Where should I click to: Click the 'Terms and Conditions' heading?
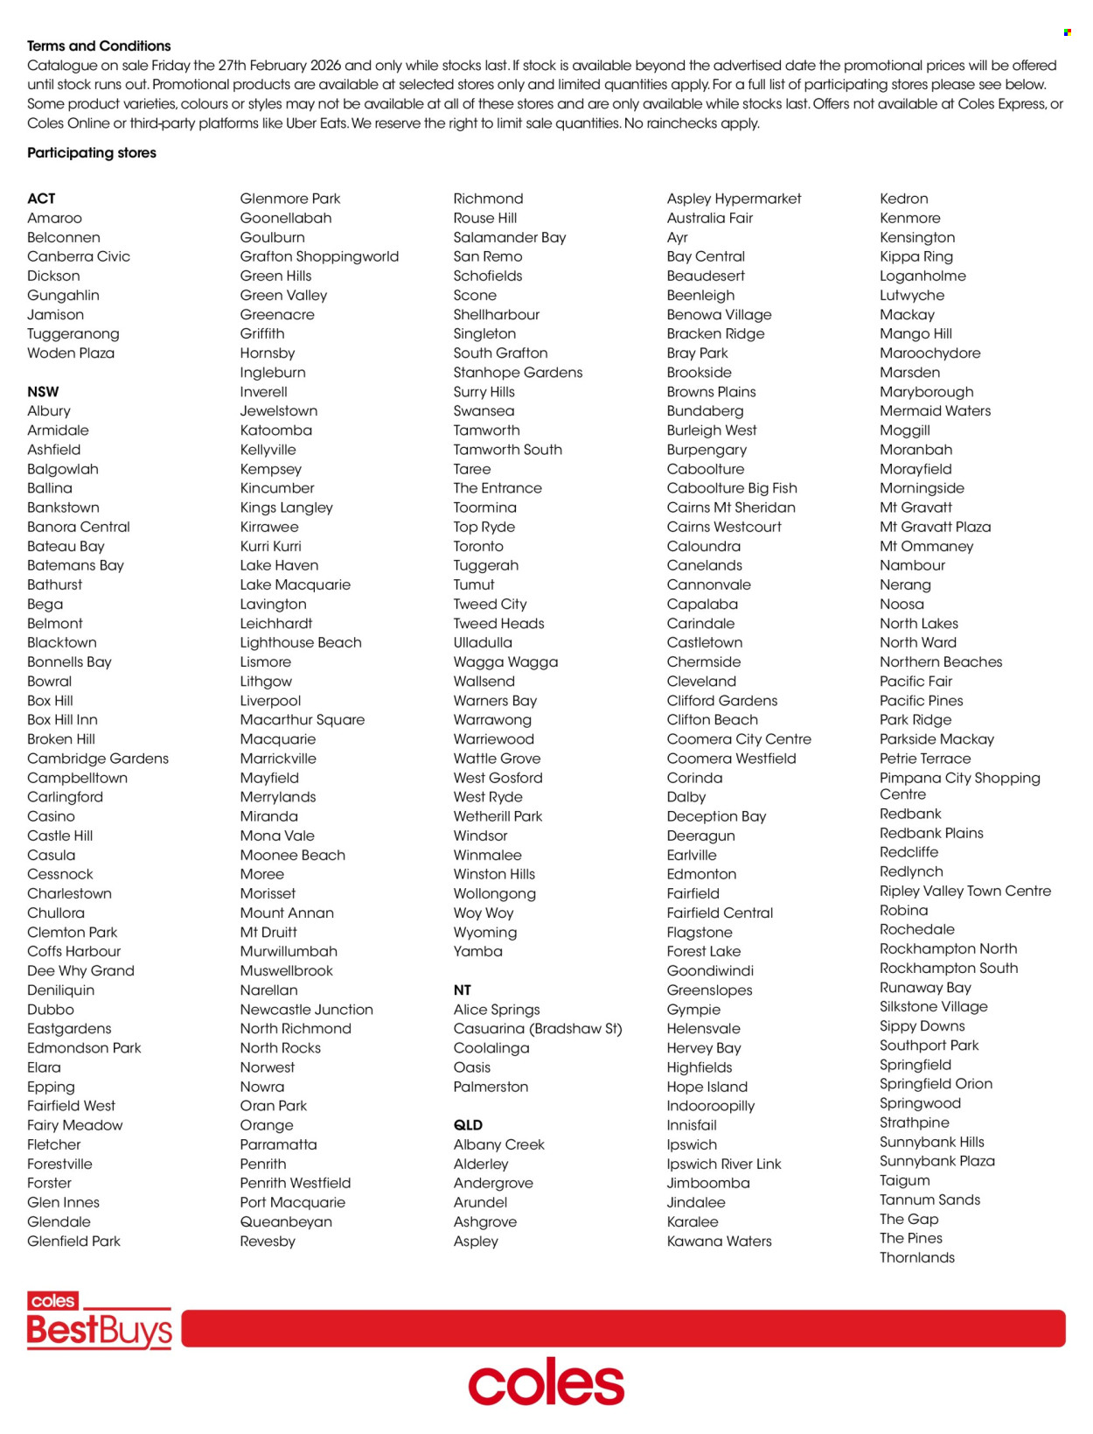click(99, 45)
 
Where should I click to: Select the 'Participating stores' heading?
click(92, 152)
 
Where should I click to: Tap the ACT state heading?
click(41, 199)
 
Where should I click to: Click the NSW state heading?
click(43, 391)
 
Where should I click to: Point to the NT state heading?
click(462, 990)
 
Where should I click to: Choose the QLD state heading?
click(468, 1125)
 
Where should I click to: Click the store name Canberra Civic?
click(79, 256)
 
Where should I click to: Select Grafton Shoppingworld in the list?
click(319, 256)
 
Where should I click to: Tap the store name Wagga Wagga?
click(505, 661)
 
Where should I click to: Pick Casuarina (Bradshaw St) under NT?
click(538, 1028)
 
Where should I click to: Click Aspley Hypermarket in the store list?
click(734, 199)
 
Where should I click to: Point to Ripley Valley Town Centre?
click(965, 891)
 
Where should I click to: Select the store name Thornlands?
click(917, 1257)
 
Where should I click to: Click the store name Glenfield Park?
click(73, 1241)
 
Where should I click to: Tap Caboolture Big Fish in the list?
click(732, 488)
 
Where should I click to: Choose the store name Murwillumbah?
click(289, 951)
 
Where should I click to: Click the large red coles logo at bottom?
click(546, 1382)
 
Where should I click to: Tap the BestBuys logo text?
click(100, 1331)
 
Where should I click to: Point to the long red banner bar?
click(623, 1328)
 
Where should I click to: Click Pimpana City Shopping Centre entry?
click(959, 786)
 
